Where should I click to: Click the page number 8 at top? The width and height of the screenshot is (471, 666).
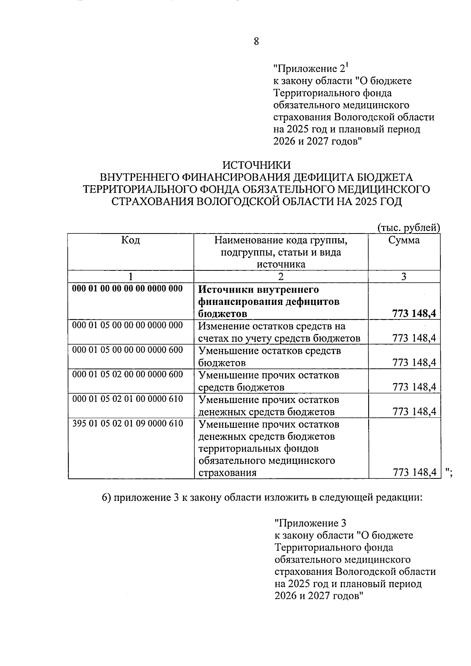pos(256,41)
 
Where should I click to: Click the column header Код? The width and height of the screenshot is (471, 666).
pos(131,240)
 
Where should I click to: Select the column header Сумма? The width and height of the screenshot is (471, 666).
pos(404,240)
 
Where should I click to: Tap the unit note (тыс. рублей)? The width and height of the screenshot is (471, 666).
pos(408,228)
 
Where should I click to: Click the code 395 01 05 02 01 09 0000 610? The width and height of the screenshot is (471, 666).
pos(128,423)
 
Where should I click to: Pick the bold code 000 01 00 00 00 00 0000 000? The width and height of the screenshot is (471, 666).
pos(128,288)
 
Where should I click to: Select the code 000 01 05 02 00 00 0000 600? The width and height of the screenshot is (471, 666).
pos(128,374)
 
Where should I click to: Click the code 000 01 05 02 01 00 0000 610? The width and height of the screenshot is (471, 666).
pos(128,399)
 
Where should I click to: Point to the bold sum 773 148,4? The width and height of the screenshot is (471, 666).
pos(414,314)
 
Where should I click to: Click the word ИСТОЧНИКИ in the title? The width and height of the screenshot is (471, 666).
pos(257,165)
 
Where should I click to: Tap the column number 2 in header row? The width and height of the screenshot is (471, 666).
pos(281,277)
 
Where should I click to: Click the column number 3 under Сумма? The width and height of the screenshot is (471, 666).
pos(403,277)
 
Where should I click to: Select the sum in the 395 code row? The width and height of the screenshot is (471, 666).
pos(414,473)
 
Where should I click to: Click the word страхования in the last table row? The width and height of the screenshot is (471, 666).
pos(227,473)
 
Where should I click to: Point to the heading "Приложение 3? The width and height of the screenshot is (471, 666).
pos(310,523)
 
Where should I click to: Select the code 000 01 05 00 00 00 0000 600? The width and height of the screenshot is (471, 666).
pos(128,350)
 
